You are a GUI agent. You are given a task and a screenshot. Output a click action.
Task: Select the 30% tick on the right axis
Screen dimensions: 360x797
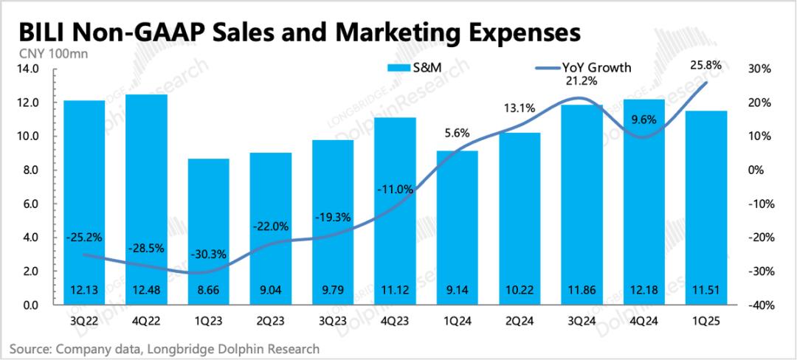761,69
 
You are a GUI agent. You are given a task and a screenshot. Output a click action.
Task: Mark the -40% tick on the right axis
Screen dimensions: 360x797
759,305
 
